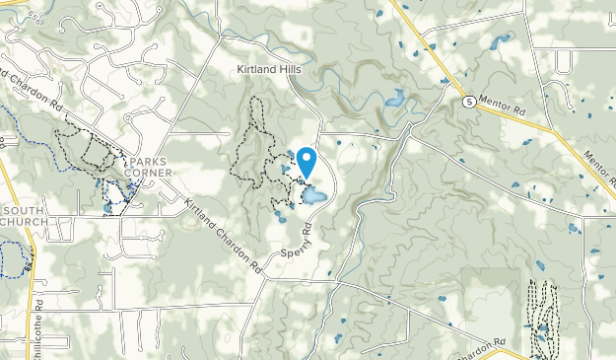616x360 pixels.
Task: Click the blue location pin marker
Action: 307,162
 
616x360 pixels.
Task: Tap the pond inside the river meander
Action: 395,98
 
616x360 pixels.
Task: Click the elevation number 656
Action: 35,15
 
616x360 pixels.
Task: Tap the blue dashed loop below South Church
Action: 12,258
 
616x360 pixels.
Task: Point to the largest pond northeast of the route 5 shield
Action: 499,40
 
